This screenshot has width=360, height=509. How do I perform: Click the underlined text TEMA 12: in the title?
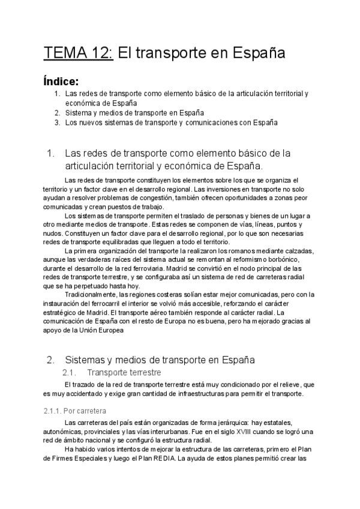point(77,53)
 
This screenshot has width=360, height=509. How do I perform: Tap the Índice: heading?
point(61,82)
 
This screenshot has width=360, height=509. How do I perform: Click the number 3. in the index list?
point(57,122)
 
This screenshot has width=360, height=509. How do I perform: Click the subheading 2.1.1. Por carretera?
point(74,411)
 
